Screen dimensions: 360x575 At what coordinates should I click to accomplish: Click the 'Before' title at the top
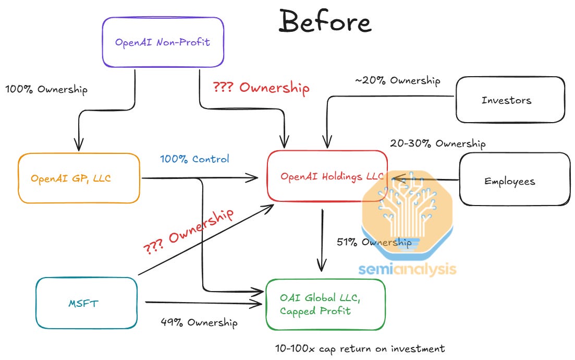(x=325, y=22)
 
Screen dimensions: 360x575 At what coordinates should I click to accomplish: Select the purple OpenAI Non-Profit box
(x=163, y=42)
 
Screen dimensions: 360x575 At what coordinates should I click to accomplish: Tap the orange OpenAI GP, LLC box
(x=79, y=178)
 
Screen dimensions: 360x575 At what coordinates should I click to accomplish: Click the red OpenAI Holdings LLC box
(x=327, y=176)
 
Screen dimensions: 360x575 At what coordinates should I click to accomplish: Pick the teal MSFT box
(x=87, y=303)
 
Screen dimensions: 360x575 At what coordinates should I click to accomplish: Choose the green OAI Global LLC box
(x=325, y=305)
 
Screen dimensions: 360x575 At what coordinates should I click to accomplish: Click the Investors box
(x=510, y=100)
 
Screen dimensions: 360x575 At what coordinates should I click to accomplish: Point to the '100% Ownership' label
(x=46, y=89)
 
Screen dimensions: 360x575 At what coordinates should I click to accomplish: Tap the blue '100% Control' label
(x=194, y=159)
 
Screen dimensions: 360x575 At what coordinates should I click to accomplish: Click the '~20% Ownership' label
(x=398, y=80)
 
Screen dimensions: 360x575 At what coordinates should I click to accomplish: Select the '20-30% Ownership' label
(x=437, y=143)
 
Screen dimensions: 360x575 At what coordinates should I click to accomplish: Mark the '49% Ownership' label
(x=199, y=322)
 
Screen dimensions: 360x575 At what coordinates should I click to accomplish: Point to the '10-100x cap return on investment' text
(x=360, y=348)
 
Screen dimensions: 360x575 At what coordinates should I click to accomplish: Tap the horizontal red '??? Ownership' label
(x=261, y=88)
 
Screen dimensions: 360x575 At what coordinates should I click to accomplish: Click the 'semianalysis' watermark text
(x=407, y=269)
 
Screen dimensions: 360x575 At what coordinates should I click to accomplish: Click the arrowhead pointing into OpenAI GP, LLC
(x=79, y=146)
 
